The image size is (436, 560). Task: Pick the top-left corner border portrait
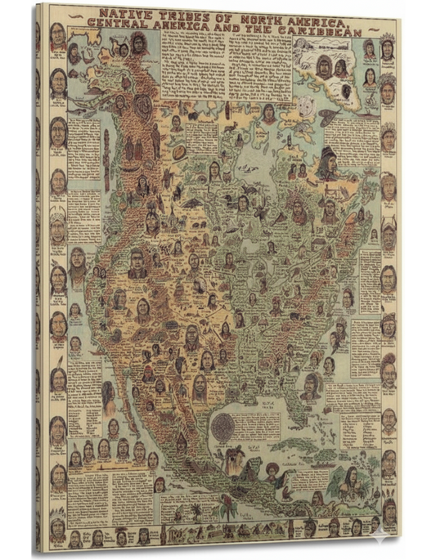(x=57, y=34)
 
